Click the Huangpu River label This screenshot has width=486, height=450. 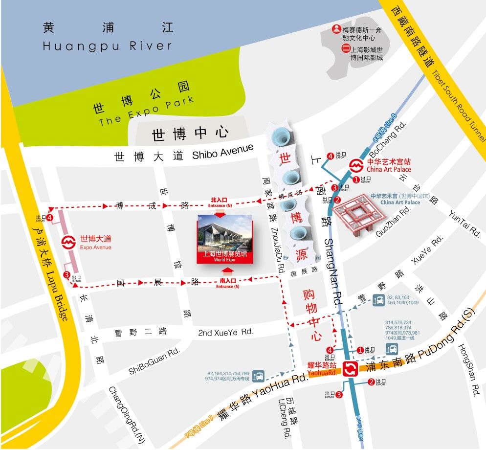108,46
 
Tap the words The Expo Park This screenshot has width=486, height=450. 147,111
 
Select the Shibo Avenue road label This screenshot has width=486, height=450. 223,152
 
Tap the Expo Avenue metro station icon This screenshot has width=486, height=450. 69,242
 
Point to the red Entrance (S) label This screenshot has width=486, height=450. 227,283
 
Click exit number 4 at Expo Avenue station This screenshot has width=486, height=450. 50,217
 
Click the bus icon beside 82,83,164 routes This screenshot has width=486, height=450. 378,300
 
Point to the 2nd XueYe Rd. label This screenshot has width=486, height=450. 225,332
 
